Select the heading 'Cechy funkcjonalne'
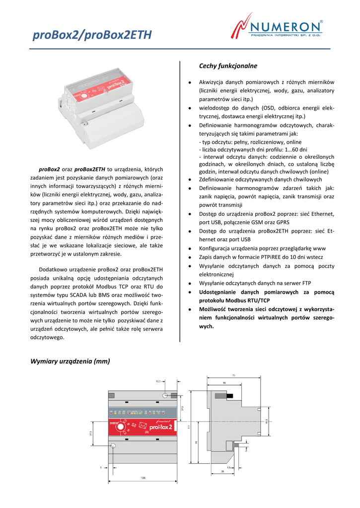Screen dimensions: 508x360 (228, 65)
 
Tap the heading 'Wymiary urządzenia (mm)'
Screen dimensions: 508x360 (70, 361)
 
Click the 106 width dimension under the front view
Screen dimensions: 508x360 (143, 478)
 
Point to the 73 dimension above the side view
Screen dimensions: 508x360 (233, 376)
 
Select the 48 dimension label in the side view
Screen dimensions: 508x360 (224, 383)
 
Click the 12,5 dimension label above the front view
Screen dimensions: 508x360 (158, 381)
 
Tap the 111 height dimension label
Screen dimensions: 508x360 (189, 426)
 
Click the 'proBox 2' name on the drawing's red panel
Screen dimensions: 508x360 (159, 427)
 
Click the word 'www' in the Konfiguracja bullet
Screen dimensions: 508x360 (320, 248)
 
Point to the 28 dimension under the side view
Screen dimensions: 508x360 (229, 472)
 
